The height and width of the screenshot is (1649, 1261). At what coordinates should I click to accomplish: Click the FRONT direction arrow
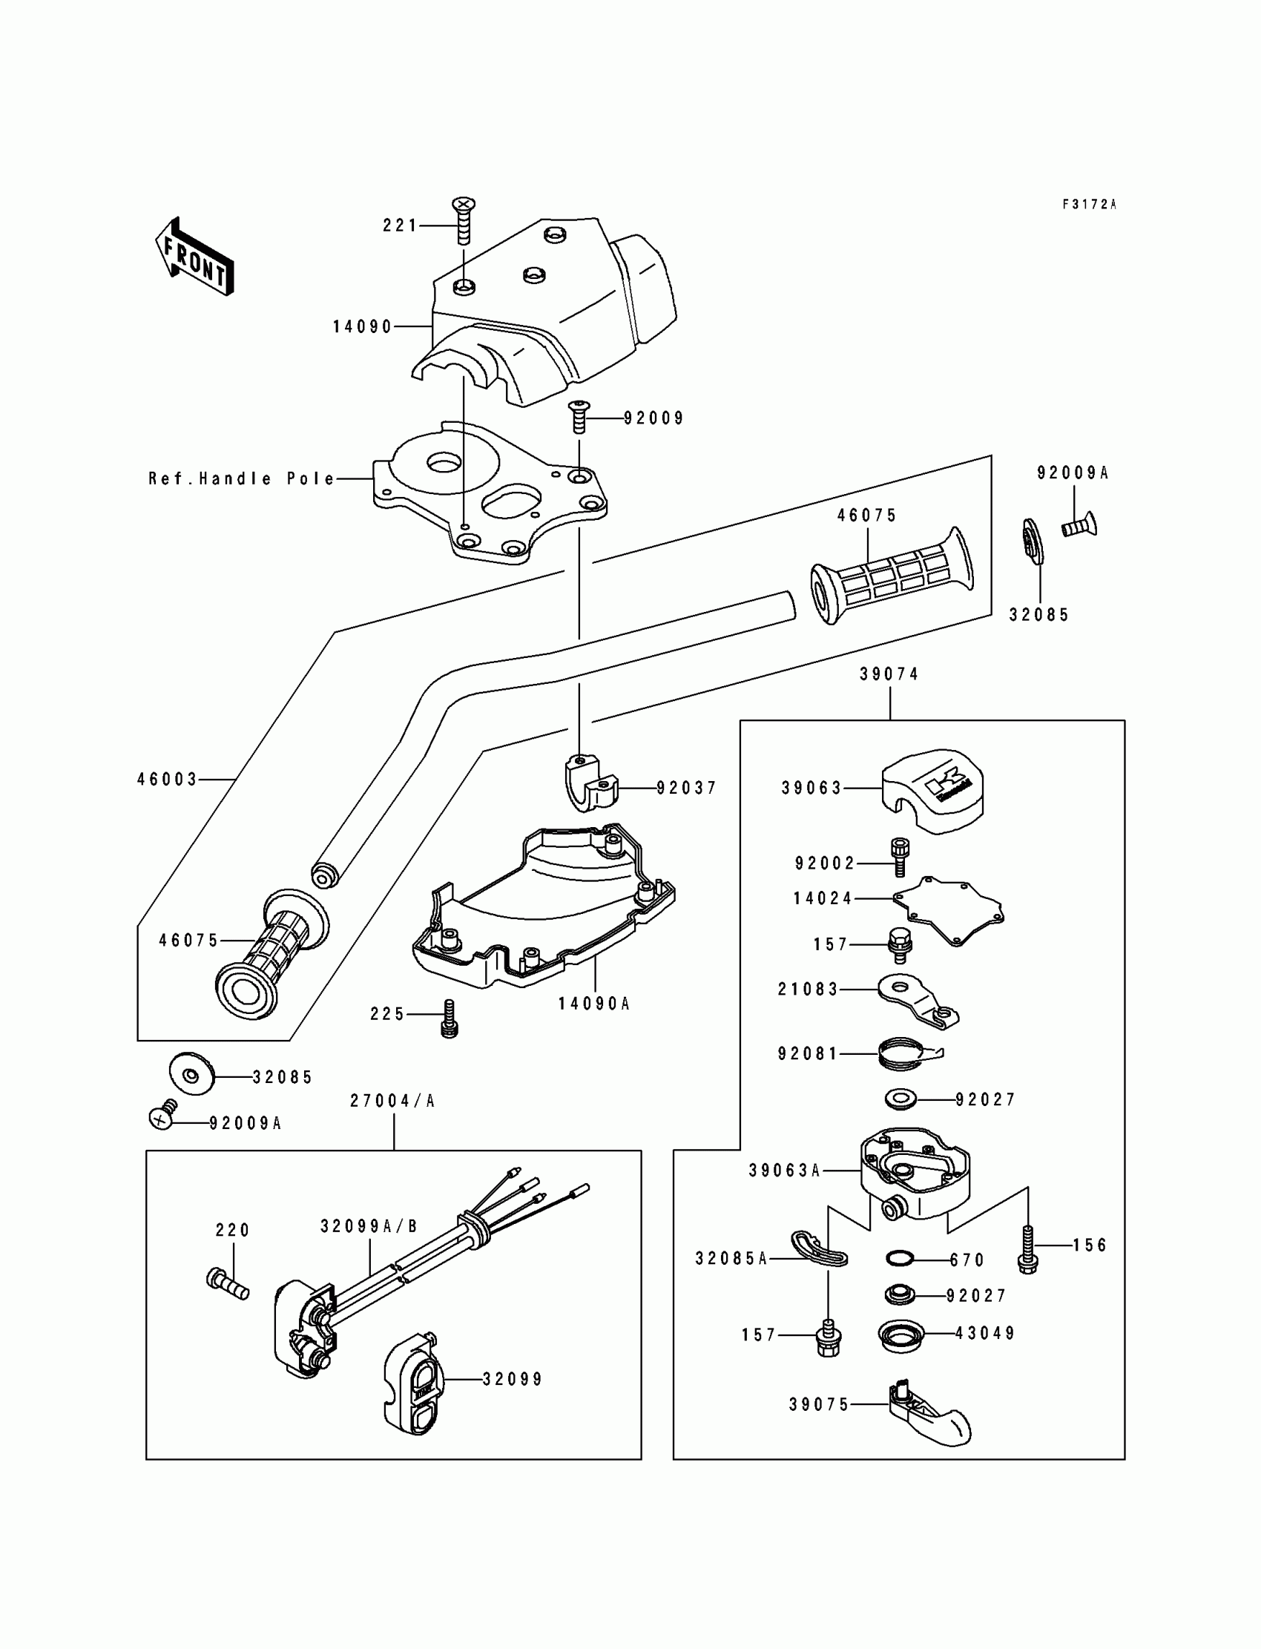pos(194,257)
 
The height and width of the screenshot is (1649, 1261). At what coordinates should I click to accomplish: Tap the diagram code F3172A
pos(1089,204)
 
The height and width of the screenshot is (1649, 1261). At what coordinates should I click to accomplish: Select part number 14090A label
pos(593,1004)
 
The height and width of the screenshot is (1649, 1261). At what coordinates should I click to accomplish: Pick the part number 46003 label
pos(168,780)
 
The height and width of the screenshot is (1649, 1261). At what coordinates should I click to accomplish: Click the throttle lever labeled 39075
pos(929,1413)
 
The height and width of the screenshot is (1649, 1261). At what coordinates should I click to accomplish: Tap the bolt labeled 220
pos(227,1283)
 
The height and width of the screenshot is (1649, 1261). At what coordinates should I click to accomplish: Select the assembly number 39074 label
pos(889,674)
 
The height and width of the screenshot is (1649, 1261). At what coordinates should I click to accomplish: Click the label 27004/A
pos(392,1101)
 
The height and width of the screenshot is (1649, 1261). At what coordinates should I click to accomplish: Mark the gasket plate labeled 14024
pos(948,909)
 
